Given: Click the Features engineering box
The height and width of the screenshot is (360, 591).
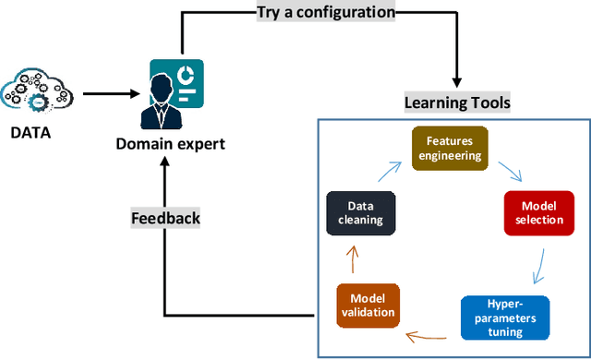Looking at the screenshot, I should click(448, 148).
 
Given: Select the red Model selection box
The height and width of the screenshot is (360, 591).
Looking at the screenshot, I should click(531, 213).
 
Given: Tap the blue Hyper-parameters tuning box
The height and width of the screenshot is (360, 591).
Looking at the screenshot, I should click(504, 318).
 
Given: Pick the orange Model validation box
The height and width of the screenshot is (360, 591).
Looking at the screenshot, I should click(368, 306).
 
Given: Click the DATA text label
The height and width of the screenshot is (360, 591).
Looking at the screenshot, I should click(31, 132).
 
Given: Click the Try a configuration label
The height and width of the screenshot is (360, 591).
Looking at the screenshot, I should click(326, 13).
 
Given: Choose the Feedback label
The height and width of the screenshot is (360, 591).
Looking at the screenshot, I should click(167, 219).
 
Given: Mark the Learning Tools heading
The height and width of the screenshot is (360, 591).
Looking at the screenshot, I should click(456, 101).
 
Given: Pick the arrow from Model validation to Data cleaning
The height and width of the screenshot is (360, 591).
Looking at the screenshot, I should click(352, 260).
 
